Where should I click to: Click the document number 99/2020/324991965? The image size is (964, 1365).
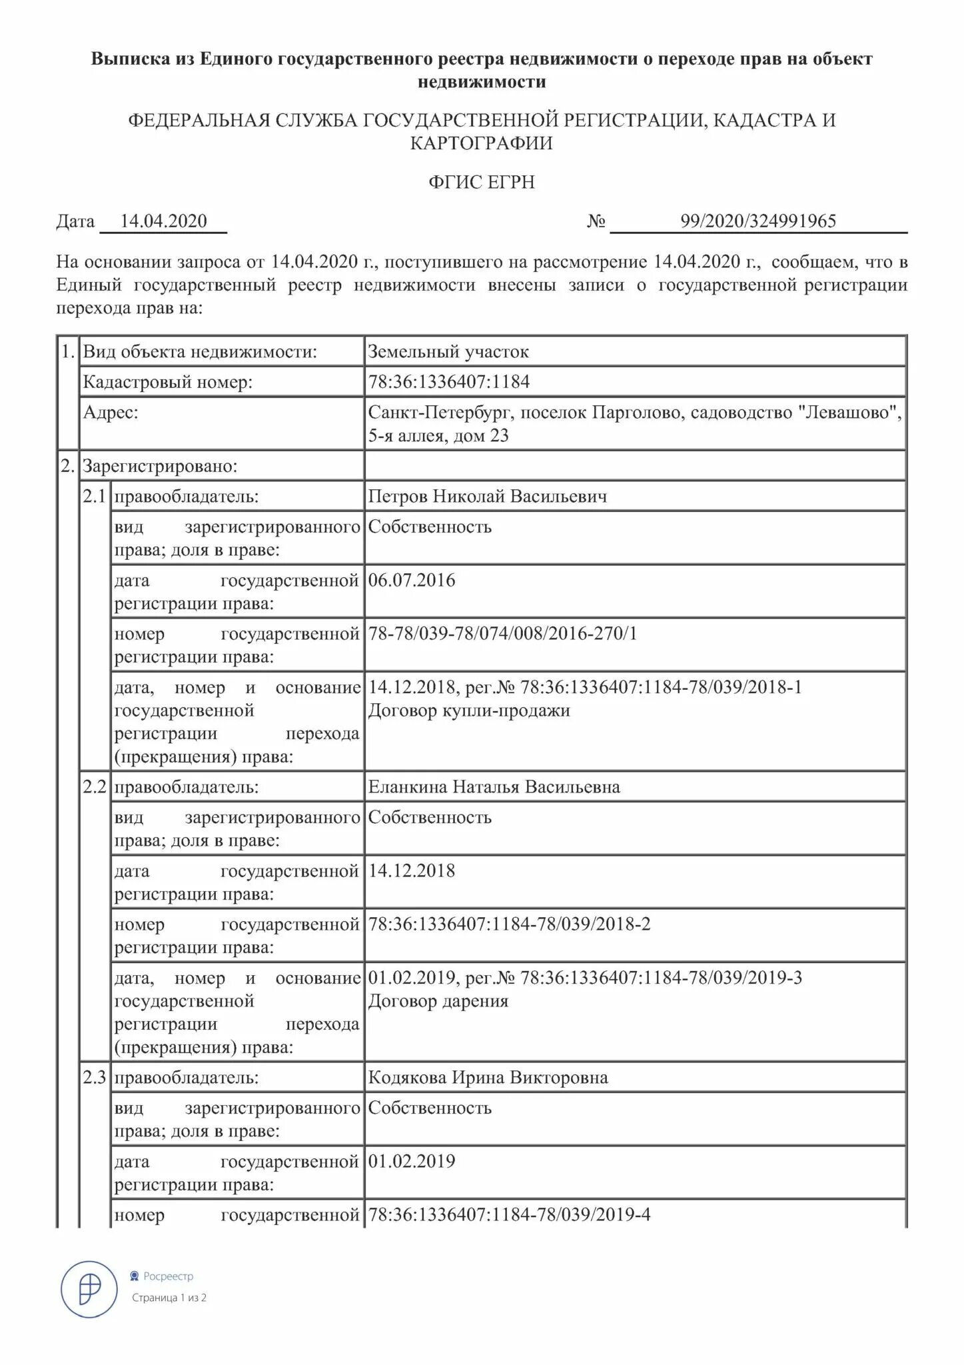pos(757,221)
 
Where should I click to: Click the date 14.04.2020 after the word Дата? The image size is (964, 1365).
pos(163,221)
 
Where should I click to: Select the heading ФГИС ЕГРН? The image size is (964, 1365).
pos(482,182)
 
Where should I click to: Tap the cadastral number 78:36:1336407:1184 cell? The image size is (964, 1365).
pos(449,382)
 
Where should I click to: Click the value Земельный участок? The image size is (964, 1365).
pos(448,352)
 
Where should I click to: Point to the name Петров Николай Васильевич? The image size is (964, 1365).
pos(488,497)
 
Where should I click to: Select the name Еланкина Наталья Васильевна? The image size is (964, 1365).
pos(494,787)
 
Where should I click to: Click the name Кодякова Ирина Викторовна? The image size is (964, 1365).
pos(488,1078)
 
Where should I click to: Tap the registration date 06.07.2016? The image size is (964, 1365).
pos(412,580)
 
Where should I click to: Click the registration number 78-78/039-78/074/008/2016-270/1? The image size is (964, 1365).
pos(502,633)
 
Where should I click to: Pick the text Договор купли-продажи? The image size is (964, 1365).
pos(469,710)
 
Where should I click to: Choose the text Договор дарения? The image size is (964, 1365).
pos(438,1001)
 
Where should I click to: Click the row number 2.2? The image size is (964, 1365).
pos(94,787)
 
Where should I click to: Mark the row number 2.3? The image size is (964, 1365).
pos(94,1078)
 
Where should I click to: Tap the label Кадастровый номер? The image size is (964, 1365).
pos(168,382)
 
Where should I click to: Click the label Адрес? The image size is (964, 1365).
pos(111,413)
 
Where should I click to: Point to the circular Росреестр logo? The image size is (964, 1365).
pos(91,1289)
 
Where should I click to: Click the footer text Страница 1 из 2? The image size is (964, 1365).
pos(169,1298)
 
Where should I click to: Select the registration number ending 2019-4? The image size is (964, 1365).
pos(509,1215)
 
